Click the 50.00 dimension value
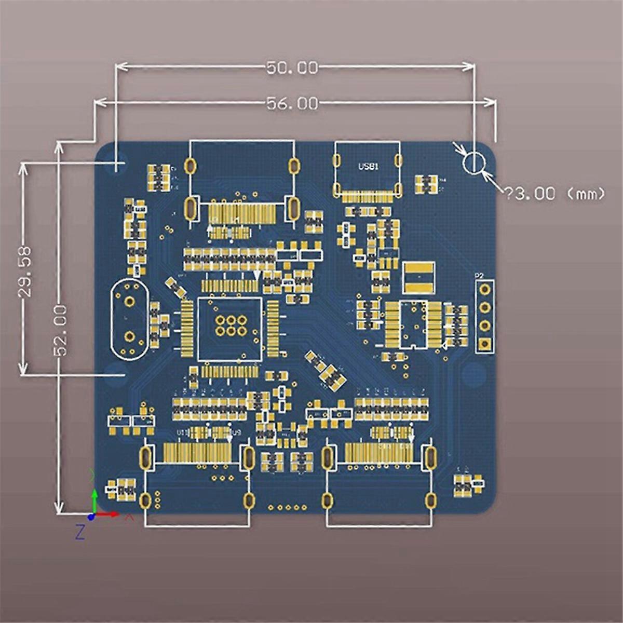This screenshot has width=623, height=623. click(291, 67)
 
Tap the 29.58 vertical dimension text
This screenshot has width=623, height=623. click(25, 271)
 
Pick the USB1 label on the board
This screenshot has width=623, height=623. click(368, 167)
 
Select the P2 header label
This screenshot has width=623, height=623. click(479, 276)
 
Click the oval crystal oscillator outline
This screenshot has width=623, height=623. click(128, 319)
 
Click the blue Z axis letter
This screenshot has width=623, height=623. click(79, 532)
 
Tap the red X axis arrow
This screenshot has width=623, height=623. click(108, 514)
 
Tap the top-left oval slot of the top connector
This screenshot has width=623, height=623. click(190, 166)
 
